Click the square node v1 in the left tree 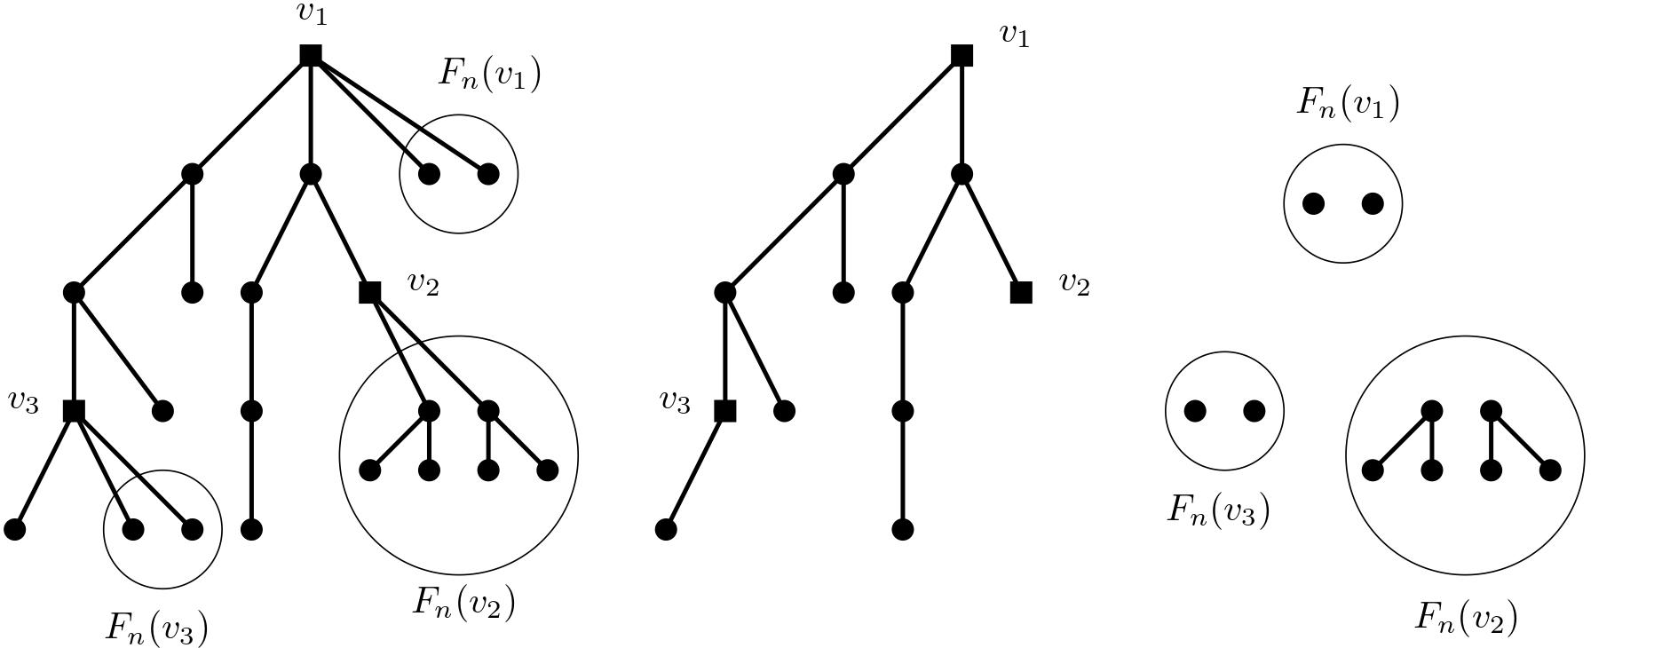[x=310, y=55]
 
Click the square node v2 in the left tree [x=369, y=292]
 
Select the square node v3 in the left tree [x=74, y=411]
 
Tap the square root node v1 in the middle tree [x=962, y=55]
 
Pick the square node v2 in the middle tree [x=1021, y=292]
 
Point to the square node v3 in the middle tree [x=724, y=411]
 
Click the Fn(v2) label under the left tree [x=463, y=603]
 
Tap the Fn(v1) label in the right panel [x=1348, y=103]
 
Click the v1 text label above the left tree [x=312, y=12]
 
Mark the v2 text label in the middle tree [x=1074, y=284]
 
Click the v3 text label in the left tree [x=24, y=402]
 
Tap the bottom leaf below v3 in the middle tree [x=666, y=529]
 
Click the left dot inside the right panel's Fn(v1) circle [x=1313, y=204]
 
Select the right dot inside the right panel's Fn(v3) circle [x=1254, y=411]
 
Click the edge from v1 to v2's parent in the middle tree [x=962, y=115]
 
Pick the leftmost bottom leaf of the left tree [x=15, y=529]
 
